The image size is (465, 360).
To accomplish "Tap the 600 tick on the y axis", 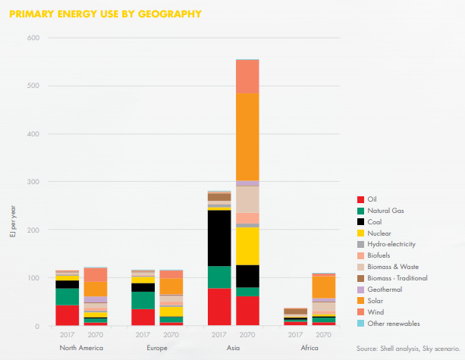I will tap(33, 38).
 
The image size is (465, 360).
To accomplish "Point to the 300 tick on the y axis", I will tap(33, 182).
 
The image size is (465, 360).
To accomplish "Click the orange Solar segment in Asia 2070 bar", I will tap(247, 136).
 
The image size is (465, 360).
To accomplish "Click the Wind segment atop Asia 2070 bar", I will tap(247, 77).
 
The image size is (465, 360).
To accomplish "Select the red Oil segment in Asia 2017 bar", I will tap(219, 307).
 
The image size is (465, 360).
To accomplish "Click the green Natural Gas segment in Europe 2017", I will tap(143, 300).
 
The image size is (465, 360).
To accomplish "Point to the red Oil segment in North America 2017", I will tap(68, 315).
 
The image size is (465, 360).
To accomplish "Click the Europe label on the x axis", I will tap(157, 348).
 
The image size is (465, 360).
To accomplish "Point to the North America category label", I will tap(81, 348).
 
